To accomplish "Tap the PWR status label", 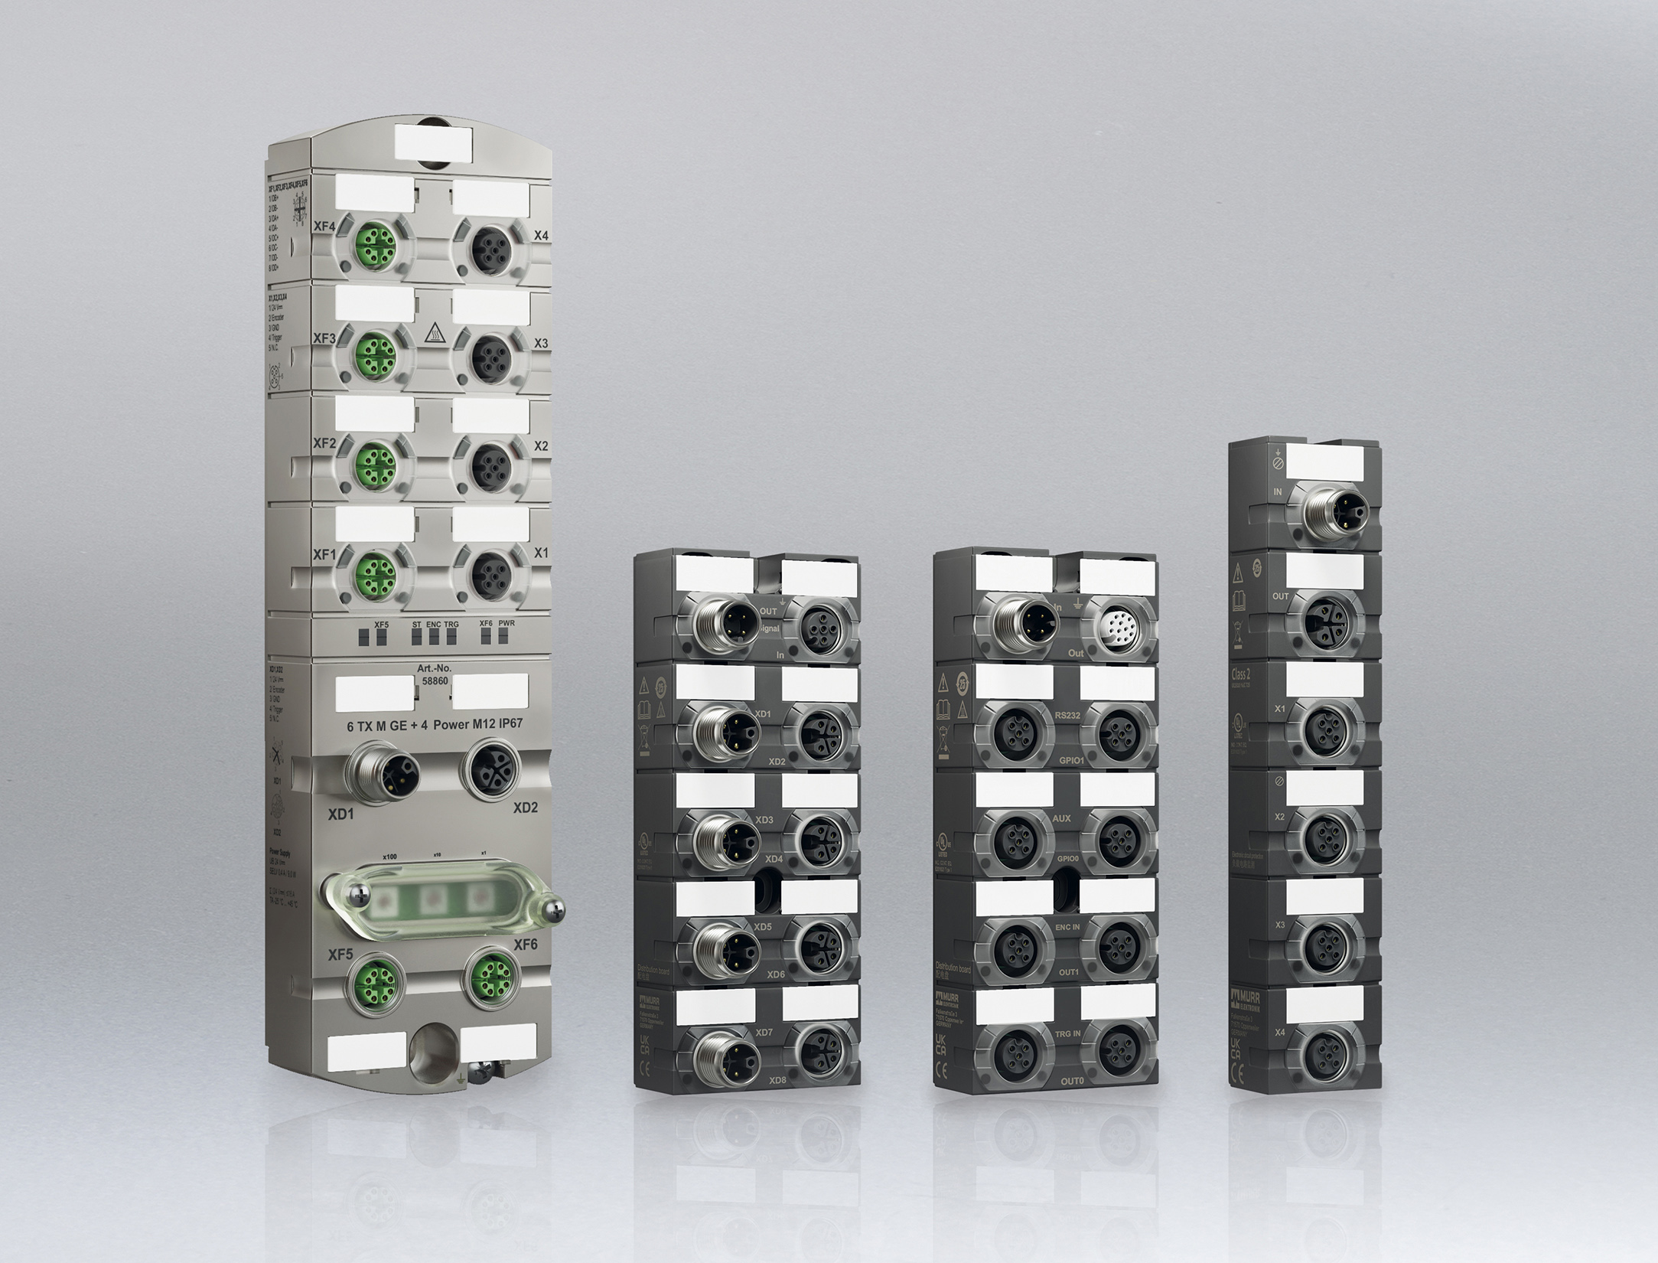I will [x=506, y=624].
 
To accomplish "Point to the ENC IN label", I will [x=1067, y=927].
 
